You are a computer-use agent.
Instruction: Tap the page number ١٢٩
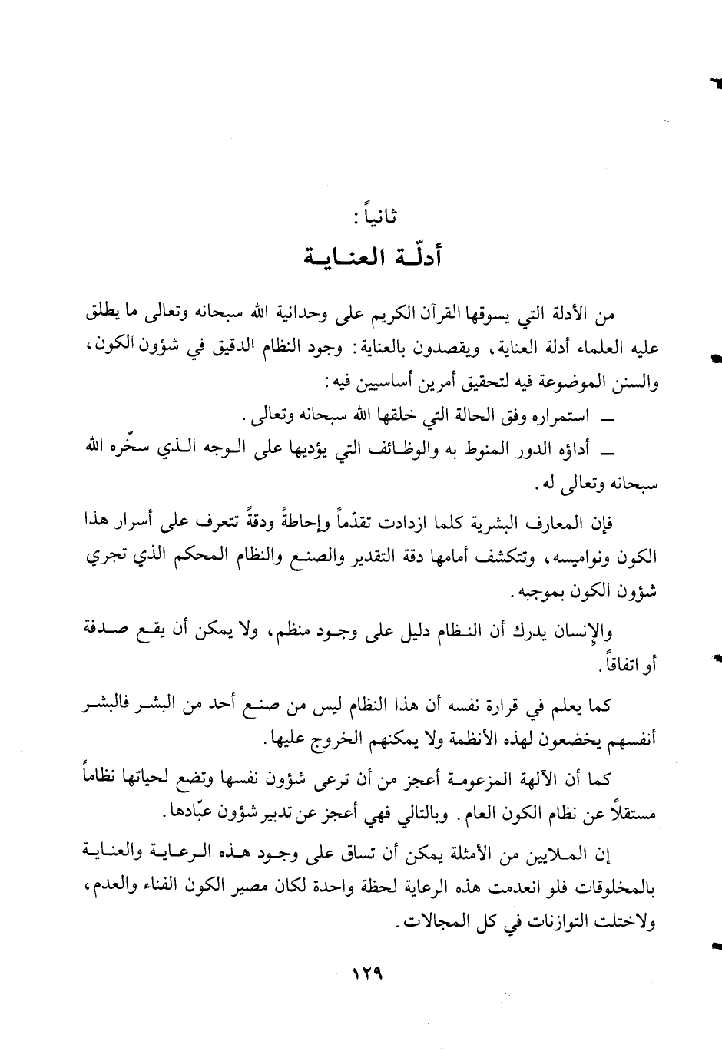(367, 970)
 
